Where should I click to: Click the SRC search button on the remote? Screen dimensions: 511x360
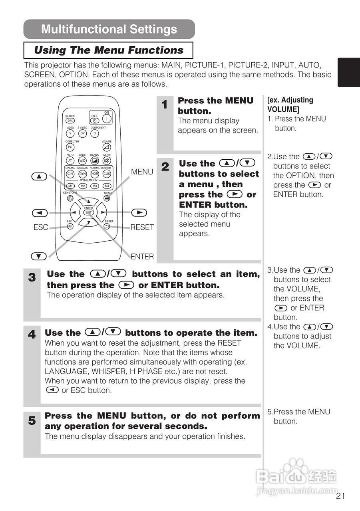[70, 121]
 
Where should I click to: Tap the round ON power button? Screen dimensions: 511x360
[107, 119]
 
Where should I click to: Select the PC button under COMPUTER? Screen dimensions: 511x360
[70, 147]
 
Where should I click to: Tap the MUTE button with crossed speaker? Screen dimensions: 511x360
[107, 160]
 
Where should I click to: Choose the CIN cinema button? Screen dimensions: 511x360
[70, 174]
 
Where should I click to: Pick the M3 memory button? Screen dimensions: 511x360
[95, 186]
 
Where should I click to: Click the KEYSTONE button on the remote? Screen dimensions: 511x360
[70, 198]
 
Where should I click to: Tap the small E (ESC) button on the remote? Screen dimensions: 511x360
[70, 226]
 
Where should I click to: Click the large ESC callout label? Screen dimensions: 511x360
[41, 228]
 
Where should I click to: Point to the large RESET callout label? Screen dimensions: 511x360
[142, 228]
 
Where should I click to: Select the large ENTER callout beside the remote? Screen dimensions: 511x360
[142, 257]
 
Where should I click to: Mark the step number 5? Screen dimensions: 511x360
[32, 421]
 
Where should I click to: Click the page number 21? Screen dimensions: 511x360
[340, 496]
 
